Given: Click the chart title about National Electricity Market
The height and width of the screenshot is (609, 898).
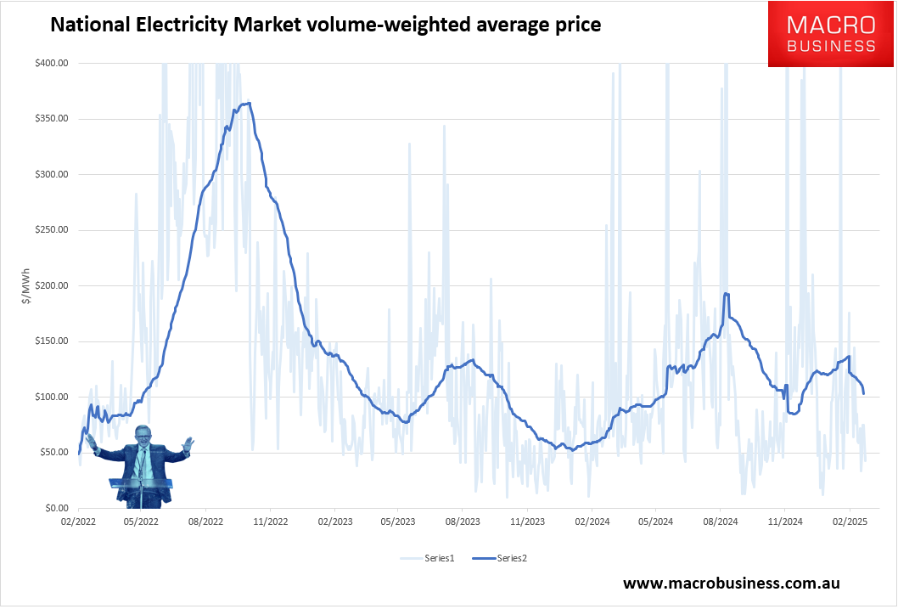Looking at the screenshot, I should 326,25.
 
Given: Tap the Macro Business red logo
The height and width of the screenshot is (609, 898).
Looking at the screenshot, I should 831,34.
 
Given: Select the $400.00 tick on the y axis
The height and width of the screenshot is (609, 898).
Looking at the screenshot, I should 53,63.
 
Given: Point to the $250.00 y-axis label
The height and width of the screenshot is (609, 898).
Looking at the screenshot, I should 53,230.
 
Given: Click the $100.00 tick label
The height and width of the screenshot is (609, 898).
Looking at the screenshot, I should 53,397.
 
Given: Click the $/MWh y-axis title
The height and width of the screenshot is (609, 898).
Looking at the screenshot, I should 28,285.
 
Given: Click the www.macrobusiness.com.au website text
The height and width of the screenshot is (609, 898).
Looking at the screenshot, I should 731,584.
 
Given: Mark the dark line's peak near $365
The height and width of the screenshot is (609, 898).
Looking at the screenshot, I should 247,104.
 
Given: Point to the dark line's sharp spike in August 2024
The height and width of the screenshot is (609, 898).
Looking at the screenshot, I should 726,294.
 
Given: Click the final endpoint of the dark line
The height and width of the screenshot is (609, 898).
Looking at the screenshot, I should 864,393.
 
